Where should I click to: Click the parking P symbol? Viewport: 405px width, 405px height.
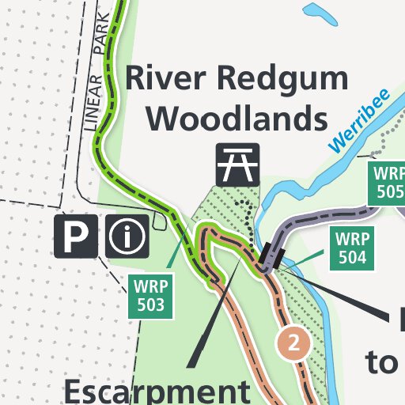[x=76, y=236]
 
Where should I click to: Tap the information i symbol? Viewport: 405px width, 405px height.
[x=127, y=236]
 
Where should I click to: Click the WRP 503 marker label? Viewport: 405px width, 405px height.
[x=150, y=294]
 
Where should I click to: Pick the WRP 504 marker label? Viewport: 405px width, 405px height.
[x=352, y=247]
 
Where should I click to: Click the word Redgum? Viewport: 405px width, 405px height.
[x=286, y=81]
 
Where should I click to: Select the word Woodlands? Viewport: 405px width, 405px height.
[x=237, y=119]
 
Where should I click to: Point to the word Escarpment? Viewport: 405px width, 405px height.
[x=155, y=392]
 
